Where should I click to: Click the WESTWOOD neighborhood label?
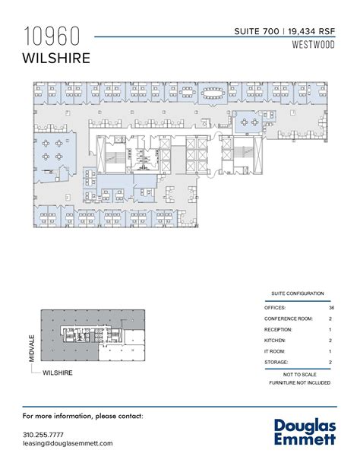pyautogui.click(x=313, y=44)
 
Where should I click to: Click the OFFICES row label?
pyautogui.click(x=276, y=307)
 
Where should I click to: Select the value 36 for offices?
pyautogui.click(x=331, y=307)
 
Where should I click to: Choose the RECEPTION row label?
pyautogui.click(x=279, y=330)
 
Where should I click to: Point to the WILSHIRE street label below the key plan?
pyautogui.click(x=58, y=373)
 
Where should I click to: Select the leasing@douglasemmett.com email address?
pyautogui.click(x=68, y=443)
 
